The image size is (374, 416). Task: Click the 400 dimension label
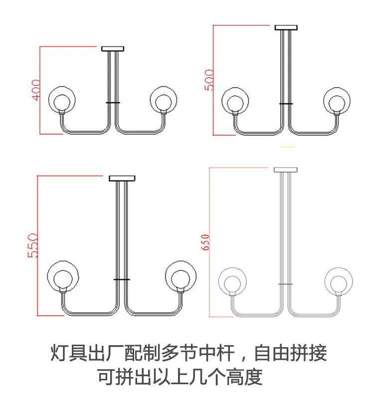(x=35, y=90)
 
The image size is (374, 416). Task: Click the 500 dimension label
(x=209, y=80)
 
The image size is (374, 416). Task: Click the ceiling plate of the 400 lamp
(x=112, y=48)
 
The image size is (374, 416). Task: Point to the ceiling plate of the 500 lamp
(x=286, y=27)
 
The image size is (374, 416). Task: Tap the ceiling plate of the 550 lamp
(x=122, y=178)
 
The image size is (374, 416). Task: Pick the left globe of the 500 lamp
(x=235, y=101)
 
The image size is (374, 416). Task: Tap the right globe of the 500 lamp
(x=338, y=101)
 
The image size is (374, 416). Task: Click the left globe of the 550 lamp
(x=63, y=276)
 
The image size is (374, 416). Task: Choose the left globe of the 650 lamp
(x=232, y=283)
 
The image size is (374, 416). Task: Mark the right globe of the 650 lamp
(x=339, y=283)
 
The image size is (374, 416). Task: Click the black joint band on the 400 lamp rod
(x=112, y=102)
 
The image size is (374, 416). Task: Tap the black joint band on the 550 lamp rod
(x=122, y=279)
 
